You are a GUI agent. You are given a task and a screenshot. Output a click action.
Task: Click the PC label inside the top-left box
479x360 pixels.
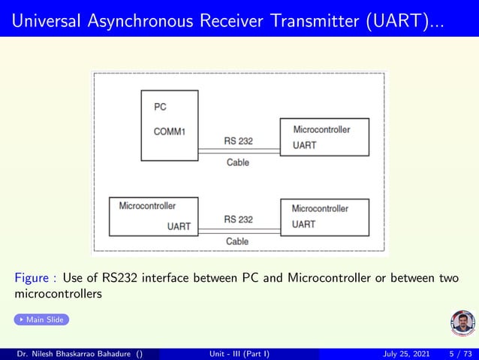pos(160,107)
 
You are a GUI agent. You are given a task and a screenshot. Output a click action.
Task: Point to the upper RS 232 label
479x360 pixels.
pos(239,140)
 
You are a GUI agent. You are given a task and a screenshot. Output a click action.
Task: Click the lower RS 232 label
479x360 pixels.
pos(239,219)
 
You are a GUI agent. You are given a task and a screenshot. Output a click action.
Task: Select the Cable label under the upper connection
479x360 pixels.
pos(237,162)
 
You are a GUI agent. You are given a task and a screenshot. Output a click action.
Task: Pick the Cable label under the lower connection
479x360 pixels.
pos(237,241)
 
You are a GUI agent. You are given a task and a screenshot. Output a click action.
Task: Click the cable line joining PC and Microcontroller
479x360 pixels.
pos(239,152)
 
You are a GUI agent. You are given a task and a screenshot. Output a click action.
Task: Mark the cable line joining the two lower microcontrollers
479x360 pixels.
pos(239,231)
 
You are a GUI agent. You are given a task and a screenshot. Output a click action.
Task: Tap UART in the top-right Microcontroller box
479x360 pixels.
pos(304,145)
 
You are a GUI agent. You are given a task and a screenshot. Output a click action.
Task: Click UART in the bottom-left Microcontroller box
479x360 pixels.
pos(179,225)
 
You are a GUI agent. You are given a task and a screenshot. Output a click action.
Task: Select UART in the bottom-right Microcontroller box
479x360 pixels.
pos(304,224)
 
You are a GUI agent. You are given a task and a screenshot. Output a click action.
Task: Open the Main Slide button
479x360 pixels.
pos(42,320)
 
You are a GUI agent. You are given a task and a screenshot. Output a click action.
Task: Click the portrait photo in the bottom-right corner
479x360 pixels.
pos(462,322)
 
